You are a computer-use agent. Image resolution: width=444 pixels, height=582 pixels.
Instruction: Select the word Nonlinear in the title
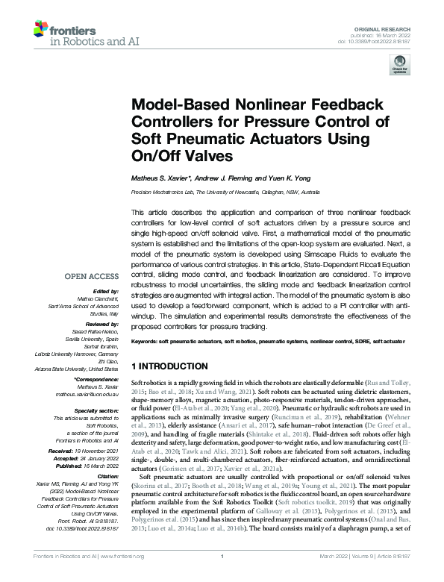coord(265,104)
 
